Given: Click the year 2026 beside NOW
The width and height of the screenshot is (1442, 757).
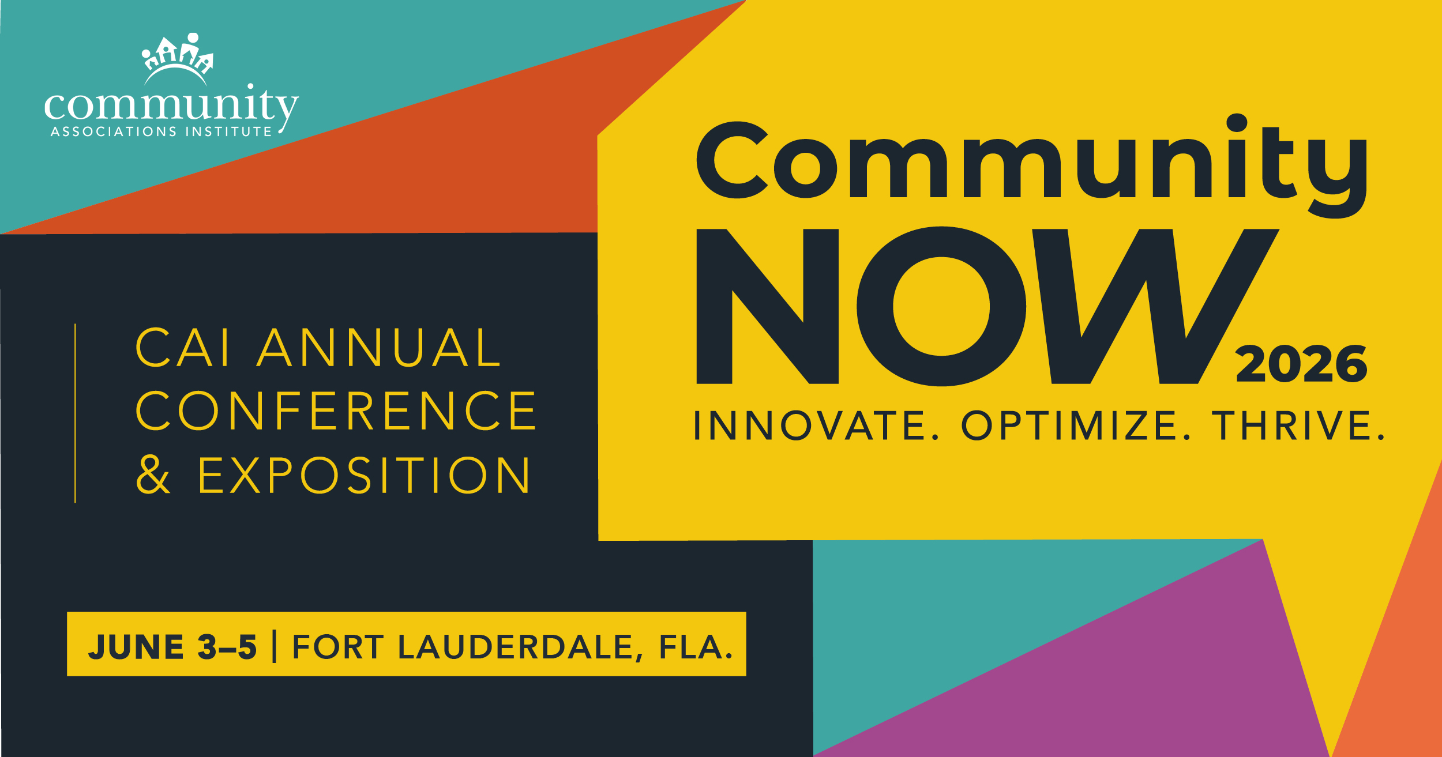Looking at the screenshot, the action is pos(1301,364).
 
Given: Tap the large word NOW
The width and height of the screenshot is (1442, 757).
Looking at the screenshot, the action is pos(987,306).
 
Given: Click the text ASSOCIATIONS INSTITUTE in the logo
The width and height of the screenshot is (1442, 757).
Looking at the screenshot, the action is pos(161,131).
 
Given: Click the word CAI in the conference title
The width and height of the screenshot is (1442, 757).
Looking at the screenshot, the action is pos(182,348).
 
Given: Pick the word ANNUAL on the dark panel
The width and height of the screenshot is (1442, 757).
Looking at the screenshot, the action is pos(378,348).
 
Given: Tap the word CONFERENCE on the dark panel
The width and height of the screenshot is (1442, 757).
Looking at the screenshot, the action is pos(336,411).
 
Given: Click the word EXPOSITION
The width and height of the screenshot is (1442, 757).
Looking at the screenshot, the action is pos(363,475).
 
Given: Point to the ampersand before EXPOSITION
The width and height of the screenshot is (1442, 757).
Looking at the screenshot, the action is pos(153,475).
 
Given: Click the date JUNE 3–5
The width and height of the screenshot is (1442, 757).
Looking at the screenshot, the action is pos(172,646).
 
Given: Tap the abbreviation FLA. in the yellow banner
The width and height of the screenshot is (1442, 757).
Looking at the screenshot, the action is pos(696,646).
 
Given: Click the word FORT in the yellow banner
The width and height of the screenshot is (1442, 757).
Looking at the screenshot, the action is pos(337,646).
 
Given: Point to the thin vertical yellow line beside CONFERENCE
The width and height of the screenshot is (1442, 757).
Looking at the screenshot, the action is pos(75,413).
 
